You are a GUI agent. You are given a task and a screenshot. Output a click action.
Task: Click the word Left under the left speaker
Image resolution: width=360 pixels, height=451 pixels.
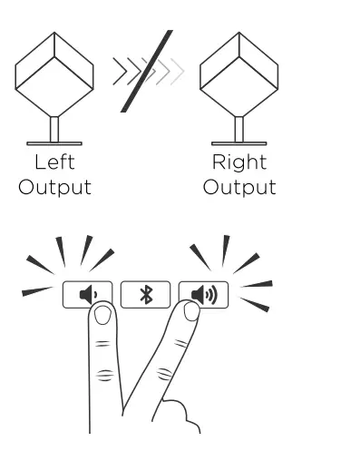coord(54,164)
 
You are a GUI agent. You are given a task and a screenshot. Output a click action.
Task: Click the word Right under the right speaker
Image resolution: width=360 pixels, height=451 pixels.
coord(239,164)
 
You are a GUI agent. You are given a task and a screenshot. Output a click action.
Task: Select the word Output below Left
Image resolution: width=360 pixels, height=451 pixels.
coord(55,188)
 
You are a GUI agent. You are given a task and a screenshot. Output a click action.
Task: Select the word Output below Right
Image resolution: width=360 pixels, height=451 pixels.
coord(239,188)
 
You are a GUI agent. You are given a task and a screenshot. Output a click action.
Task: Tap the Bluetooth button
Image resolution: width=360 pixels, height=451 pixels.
coord(145,294)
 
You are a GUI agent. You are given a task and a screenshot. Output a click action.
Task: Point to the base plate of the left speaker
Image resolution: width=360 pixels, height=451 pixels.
coord(54,142)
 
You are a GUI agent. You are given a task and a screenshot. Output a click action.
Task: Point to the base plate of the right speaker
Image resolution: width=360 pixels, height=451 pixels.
coord(239,142)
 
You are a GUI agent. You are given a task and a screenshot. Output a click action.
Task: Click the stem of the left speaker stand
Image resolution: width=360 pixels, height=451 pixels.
coord(54,128)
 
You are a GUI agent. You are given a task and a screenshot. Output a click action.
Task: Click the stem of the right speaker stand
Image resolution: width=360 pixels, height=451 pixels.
coord(239,128)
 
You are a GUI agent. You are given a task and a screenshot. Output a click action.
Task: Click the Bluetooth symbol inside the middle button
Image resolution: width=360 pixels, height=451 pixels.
coord(145,294)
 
